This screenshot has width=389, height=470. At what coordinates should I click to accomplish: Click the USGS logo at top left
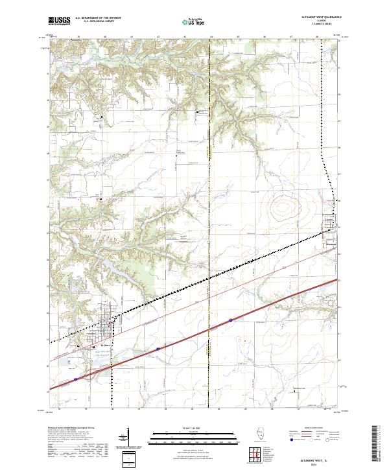(59, 21)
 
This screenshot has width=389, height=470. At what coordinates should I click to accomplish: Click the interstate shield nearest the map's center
(230, 320)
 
